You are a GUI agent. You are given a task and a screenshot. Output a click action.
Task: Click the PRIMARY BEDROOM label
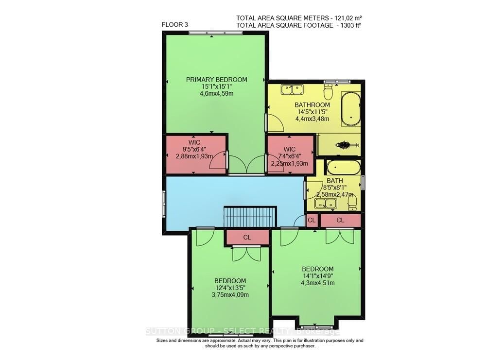point(216,80)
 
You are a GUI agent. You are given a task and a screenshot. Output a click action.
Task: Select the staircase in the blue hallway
point(249,216)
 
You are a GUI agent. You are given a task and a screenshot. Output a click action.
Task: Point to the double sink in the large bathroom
point(292,89)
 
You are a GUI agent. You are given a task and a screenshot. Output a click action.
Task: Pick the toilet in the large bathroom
point(329,91)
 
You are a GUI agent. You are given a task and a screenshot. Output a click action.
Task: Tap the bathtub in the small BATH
point(343,168)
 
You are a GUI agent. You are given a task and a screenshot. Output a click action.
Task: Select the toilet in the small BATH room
point(352,202)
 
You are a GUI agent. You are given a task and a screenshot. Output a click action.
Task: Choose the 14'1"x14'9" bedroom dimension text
point(317,276)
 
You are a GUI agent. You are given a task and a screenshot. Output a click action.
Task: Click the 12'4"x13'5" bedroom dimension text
point(230,288)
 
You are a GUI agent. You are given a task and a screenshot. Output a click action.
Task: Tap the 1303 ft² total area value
point(347,25)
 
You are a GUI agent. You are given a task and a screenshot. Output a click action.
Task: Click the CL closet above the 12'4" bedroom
point(247,237)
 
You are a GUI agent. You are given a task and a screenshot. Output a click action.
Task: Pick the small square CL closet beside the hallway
point(312,220)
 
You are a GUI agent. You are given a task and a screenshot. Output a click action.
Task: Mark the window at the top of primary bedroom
point(216,33)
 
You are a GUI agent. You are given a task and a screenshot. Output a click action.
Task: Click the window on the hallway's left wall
point(164,204)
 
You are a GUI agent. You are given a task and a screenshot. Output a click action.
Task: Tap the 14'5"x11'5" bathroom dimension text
point(312,112)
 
